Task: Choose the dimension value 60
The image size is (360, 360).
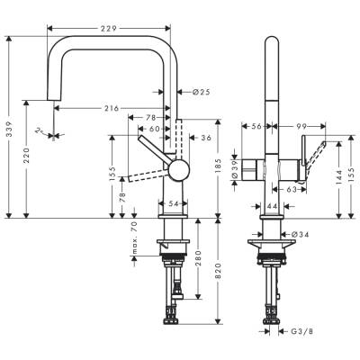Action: point(155,129)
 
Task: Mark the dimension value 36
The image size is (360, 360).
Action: point(205,137)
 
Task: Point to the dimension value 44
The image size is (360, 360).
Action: point(271,207)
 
